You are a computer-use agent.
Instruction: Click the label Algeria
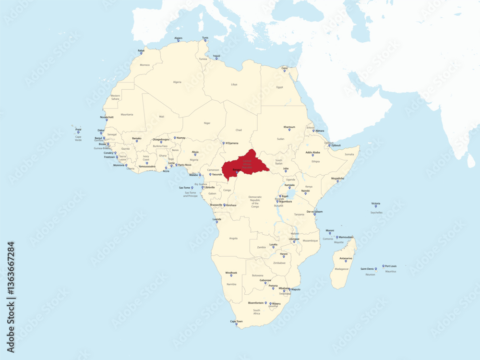point(177,82)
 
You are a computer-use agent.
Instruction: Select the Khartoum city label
point(289,127)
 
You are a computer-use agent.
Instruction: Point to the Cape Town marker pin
point(236,324)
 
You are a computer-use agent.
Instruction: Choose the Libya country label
point(234,84)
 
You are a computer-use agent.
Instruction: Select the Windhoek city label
point(231,273)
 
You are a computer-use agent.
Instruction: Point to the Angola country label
point(234,238)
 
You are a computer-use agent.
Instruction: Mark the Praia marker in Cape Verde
point(78,132)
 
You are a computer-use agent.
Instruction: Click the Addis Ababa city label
point(312,152)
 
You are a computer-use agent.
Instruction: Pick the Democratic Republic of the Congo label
point(255,202)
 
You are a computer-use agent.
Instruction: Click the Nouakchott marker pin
point(107,120)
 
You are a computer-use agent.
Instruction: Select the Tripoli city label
point(216,55)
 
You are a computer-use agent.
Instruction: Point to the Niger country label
point(207,123)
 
